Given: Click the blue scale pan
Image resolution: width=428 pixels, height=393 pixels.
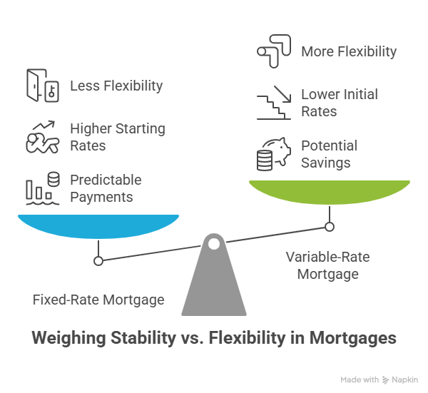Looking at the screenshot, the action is click(x=98, y=226).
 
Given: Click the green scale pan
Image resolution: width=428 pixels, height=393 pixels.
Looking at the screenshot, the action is click(x=330, y=192).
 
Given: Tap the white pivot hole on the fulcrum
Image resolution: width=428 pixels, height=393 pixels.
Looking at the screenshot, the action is click(x=214, y=244).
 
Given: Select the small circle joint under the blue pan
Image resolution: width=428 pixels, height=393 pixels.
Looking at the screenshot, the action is click(x=98, y=261).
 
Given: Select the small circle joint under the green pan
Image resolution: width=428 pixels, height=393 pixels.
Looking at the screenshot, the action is click(x=330, y=227).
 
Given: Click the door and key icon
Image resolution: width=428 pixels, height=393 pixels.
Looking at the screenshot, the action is click(x=43, y=86).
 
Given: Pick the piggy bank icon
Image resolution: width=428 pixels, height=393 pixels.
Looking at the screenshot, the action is click(x=274, y=154).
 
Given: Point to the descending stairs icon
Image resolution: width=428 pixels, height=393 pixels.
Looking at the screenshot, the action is click(x=274, y=103).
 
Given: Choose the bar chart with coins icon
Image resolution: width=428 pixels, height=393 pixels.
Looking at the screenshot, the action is click(x=43, y=188).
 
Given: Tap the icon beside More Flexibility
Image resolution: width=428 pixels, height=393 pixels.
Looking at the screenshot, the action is click(x=274, y=51).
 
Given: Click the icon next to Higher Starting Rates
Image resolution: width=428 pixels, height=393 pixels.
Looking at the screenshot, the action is click(x=43, y=137).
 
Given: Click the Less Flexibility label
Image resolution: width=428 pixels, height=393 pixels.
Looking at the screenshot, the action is click(x=116, y=86).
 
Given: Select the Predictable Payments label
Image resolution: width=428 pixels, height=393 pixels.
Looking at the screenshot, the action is click(x=106, y=188).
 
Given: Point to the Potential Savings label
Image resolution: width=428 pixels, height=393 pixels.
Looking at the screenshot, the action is click(x=329, y=154).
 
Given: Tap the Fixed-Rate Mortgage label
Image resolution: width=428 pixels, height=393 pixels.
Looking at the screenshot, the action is click(x=98, y=300).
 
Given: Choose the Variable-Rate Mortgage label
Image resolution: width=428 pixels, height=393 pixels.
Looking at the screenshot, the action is click(x=328, y=265).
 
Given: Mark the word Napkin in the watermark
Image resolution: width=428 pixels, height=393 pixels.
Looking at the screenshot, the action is click(x=404, y=379).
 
